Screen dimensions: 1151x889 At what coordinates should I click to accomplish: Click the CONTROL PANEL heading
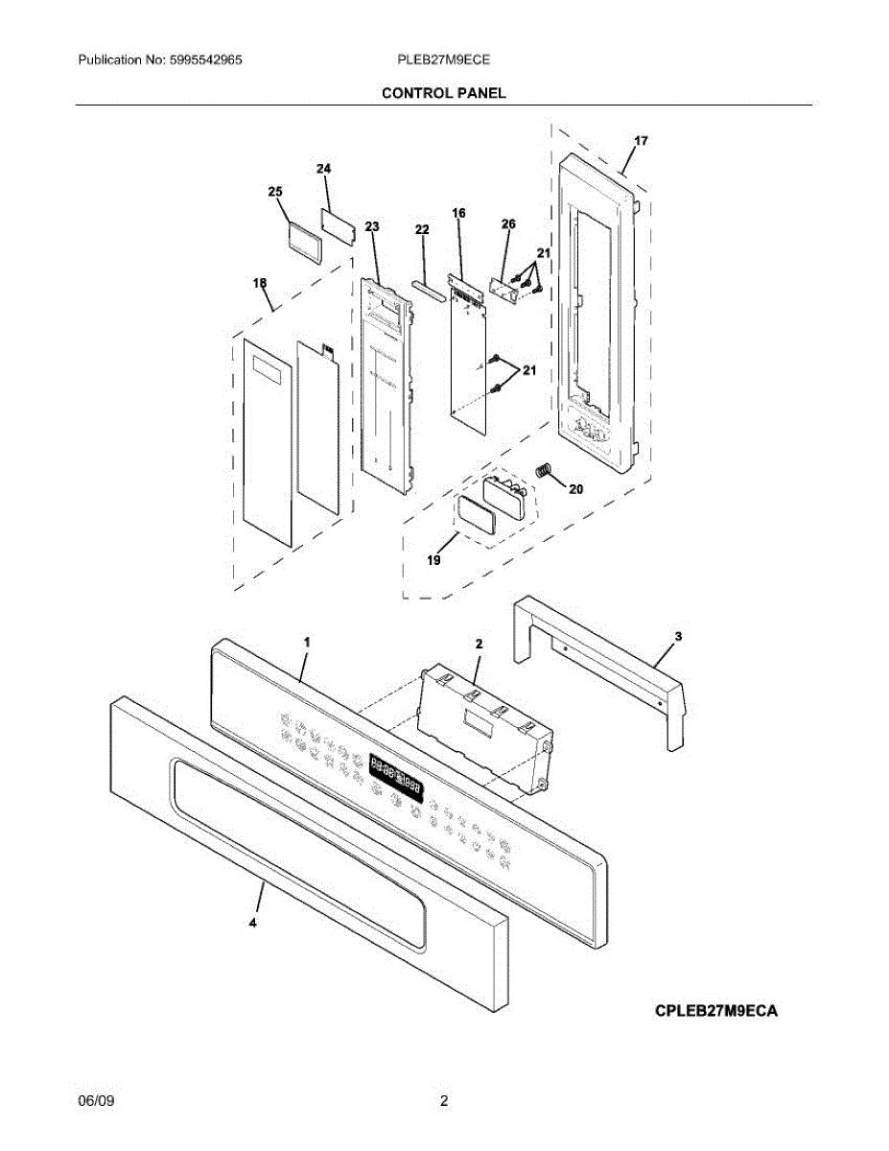point(443,93)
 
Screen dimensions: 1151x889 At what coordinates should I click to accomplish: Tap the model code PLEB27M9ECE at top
point(443,59)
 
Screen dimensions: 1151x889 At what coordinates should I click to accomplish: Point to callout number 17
point(641,141)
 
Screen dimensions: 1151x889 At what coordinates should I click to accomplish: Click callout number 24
point(324,169)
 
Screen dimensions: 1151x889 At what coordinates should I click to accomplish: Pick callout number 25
point(275,192)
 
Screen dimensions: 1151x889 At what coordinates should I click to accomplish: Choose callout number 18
point(260,284)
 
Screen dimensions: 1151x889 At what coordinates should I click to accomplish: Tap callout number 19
point(433,559)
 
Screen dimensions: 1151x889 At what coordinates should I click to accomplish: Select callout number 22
point(422,230)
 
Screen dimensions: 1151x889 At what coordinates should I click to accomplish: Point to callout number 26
point(508,223)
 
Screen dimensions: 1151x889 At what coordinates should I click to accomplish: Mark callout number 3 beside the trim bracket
point(678,636)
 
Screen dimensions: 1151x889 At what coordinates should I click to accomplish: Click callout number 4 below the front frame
point(253,924)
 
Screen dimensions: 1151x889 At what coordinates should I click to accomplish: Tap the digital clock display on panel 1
point(396,775)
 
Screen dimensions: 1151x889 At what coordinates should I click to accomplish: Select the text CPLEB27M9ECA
point(716,1010)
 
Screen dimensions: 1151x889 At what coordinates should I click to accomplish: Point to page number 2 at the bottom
point(444,1101)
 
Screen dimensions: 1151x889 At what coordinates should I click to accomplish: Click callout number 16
point(458,213)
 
